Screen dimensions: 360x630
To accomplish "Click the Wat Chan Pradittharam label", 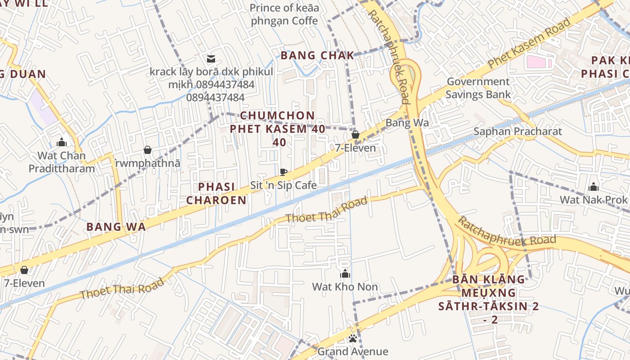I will [x=62, y=162].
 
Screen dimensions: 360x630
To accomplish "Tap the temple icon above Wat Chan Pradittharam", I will [x=62, y=143].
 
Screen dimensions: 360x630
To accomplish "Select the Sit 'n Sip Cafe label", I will [x=283, y=185].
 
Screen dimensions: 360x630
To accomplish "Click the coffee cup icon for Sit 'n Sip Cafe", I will [x=283, y=172].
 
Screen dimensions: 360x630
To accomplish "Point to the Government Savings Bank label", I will [x=478, y=88].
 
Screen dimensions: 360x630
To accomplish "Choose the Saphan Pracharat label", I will [x=517, y=131].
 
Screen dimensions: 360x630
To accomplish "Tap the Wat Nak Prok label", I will [x=593, y=199].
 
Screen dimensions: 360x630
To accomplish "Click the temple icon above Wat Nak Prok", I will [x=594, y=187].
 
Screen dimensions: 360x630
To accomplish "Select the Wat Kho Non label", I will [x=345, y=287].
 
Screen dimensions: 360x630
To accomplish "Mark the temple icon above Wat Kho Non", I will [x=345, y=274].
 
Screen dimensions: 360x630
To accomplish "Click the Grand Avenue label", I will [x=353, y=351].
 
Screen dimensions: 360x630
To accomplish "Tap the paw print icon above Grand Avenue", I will [x=353, y=338].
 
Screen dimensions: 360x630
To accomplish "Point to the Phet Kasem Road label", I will [x=529, y=43].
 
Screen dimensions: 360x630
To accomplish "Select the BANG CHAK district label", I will [x=318, y=55].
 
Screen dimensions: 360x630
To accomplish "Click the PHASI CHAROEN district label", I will [x=216, y=193].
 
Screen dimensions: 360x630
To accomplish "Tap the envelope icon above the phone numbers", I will [x=211, y=58].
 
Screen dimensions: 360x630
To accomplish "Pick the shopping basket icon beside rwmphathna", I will [x=148, y=150].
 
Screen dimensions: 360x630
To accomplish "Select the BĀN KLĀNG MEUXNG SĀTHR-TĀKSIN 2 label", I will [x=489, y=299].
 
